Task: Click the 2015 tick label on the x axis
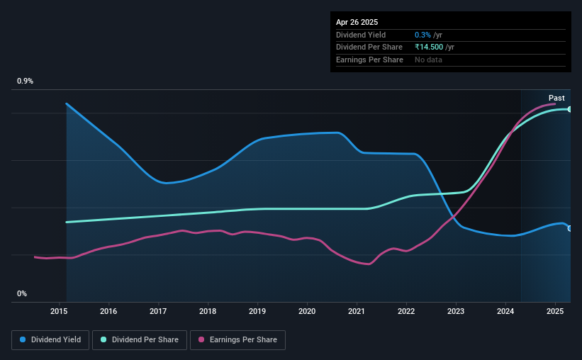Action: click(59, 311)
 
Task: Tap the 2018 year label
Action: click(208, 311)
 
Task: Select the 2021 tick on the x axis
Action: click(357, 311)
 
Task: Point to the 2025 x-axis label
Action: click(555, 311)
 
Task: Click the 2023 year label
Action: click(455, 311)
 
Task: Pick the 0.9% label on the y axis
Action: click(25, 81)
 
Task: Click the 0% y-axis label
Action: click(22, 293)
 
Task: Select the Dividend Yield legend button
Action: click(50, 340)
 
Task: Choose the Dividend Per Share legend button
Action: click(140, 340)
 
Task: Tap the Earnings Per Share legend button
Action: click(237, 340)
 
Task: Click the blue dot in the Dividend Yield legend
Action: click(23, 339)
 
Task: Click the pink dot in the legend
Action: click(201, 339)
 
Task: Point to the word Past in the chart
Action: click(556, 98)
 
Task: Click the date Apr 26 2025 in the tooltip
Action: click(357, 22)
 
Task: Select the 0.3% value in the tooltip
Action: click(422, 35)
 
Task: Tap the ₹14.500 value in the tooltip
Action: click(429, 47)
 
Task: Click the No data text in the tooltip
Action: click(428, 60)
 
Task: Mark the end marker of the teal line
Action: click(570, 109)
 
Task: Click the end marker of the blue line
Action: click(570, 229)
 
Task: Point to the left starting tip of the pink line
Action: click(35, 257)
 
